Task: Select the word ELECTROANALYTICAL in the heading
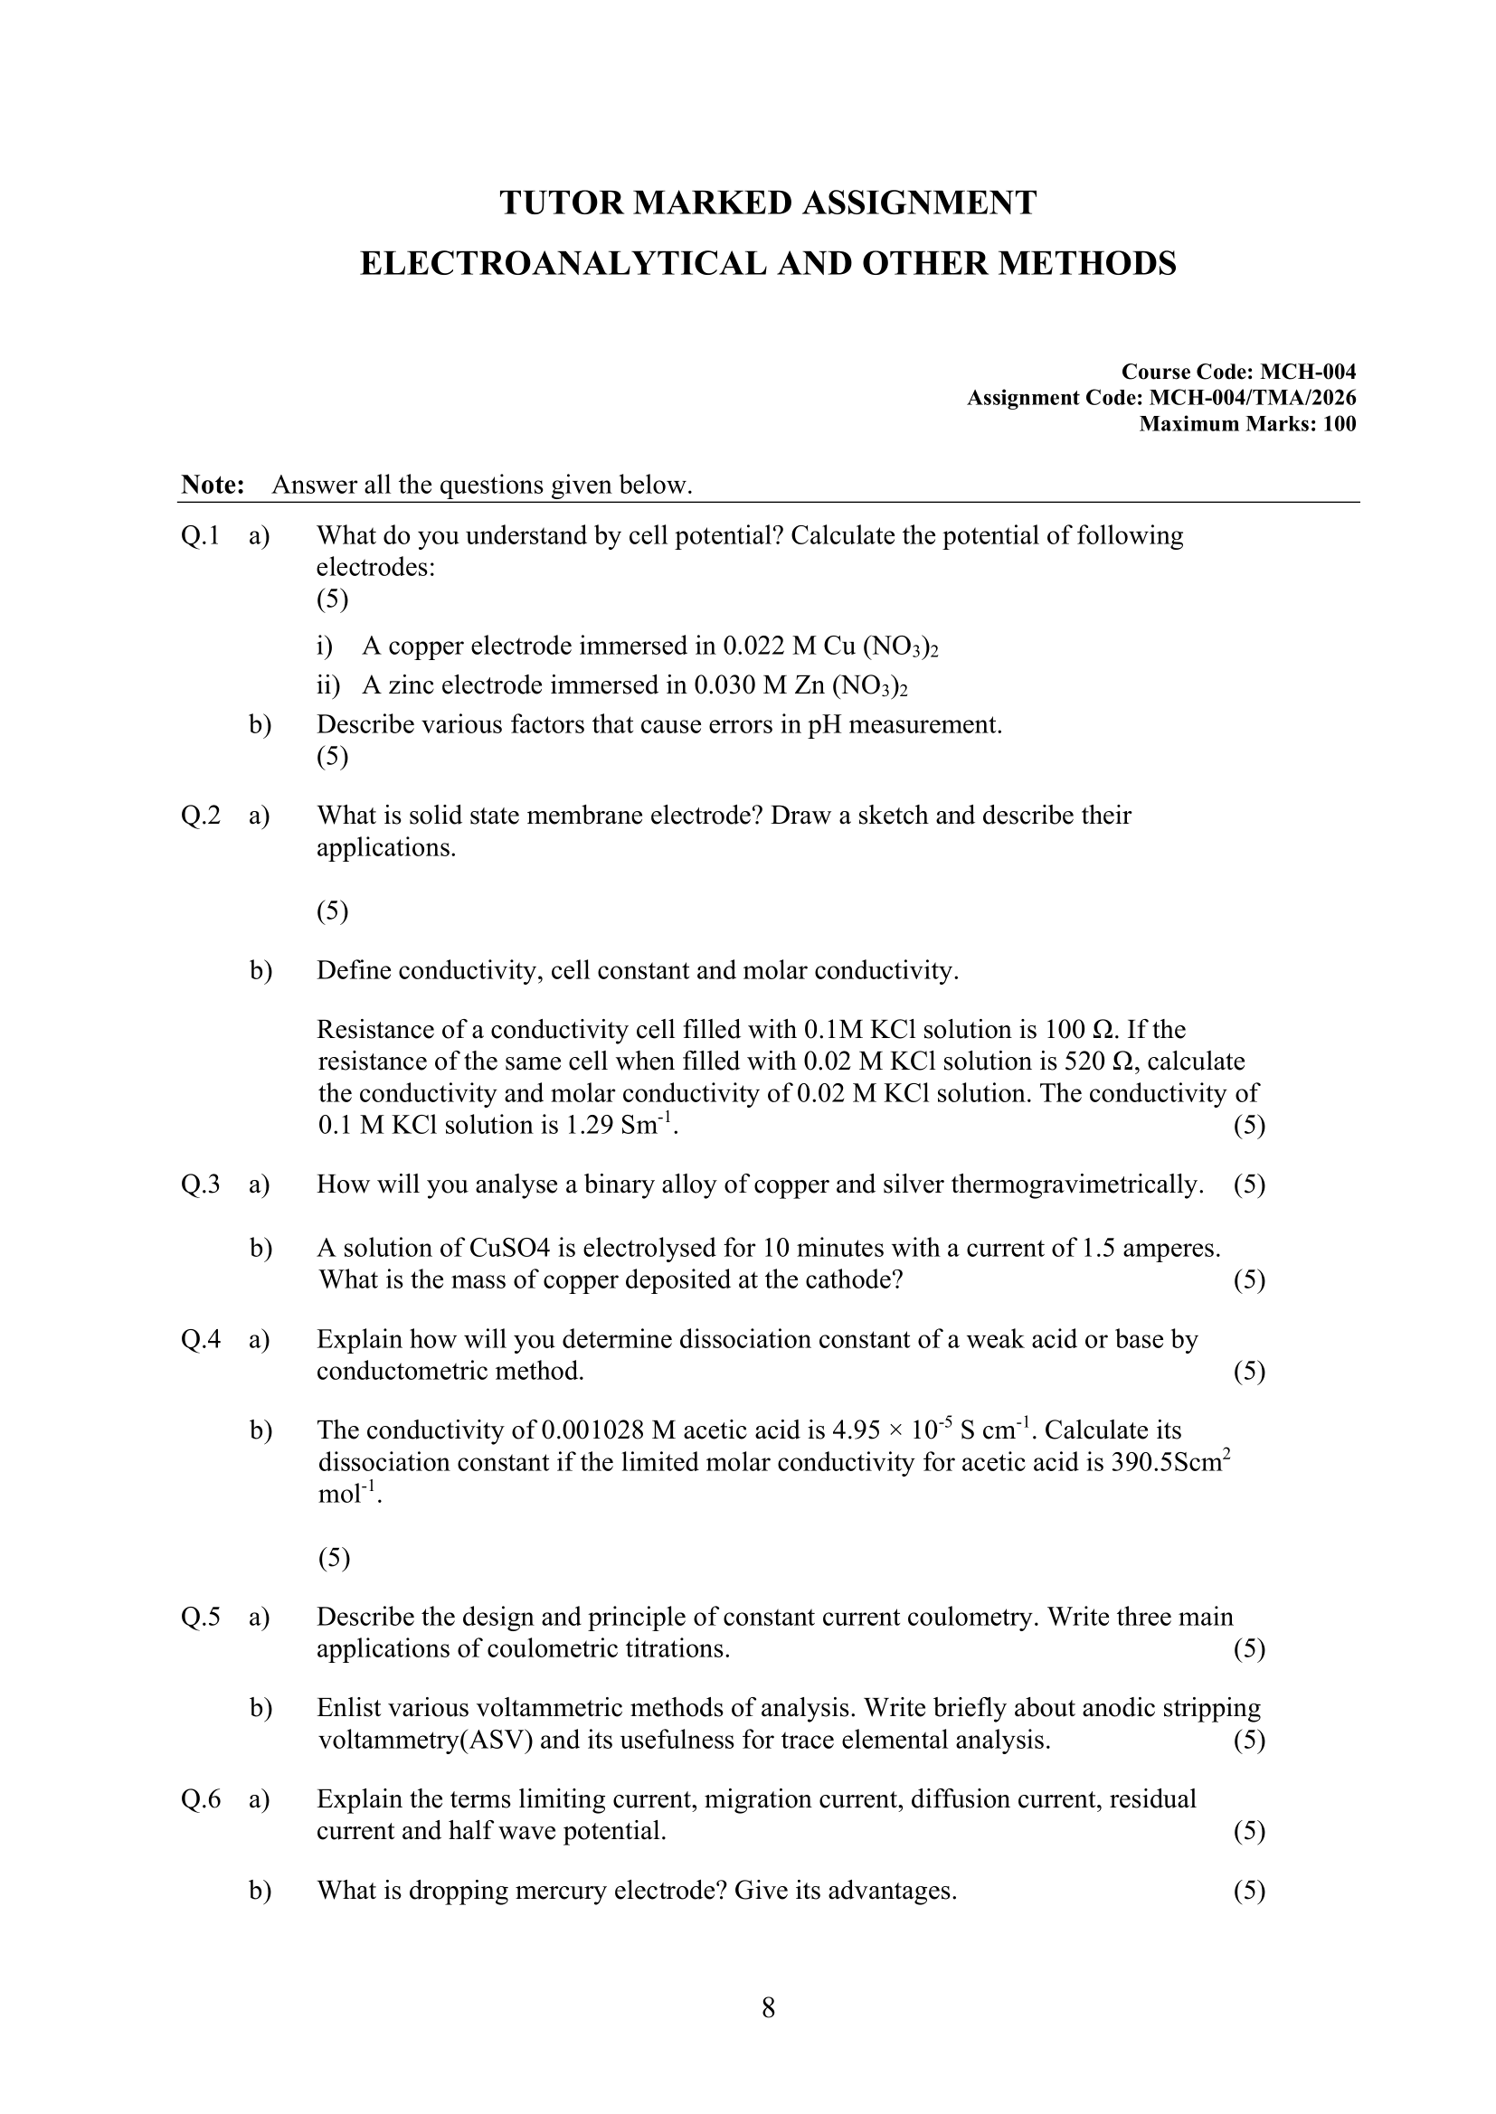[563, 264]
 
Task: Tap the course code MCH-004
[1307, 372]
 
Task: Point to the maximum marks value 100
[1339, 423]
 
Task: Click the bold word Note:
[213, 486]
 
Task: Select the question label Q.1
[200, 536]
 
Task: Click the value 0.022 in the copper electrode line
[753, 646]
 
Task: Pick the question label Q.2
[200, 816]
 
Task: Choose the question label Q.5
[200, 1618]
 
